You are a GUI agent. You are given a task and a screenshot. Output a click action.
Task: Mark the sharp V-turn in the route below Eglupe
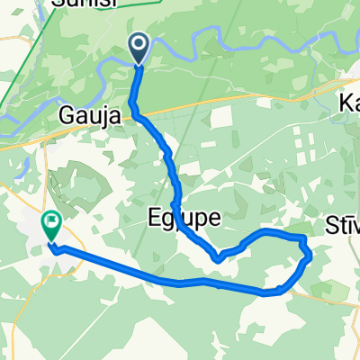[218, 259]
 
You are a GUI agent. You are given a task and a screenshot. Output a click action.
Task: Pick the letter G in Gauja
[67, 115]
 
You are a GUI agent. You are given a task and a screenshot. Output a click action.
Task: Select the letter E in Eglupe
[153, 218]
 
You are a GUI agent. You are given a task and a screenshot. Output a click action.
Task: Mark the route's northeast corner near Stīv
[301, 237]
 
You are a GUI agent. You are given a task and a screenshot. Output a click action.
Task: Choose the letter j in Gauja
[101, 117]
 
